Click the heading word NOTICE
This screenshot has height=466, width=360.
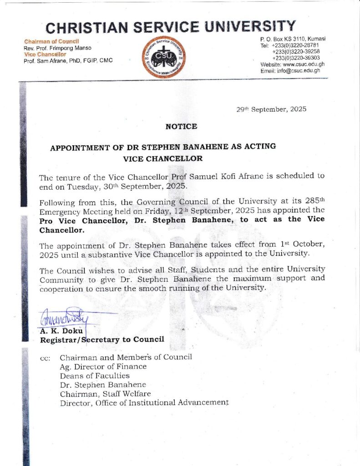coord(181,126)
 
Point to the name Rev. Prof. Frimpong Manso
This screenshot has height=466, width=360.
coord(57,48)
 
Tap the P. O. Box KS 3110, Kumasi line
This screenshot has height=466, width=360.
coord(292,39)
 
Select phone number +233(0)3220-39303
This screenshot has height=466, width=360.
coord(295,58)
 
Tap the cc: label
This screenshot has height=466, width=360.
coord(45,358)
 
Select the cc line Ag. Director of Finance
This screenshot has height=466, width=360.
coord(103,366)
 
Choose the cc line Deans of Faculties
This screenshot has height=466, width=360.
coord(95,375)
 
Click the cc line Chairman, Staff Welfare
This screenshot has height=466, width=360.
coord(105,394)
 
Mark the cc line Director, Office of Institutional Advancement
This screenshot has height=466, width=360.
coord(144,403)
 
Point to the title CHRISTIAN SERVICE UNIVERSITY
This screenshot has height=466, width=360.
coord(171,27)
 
